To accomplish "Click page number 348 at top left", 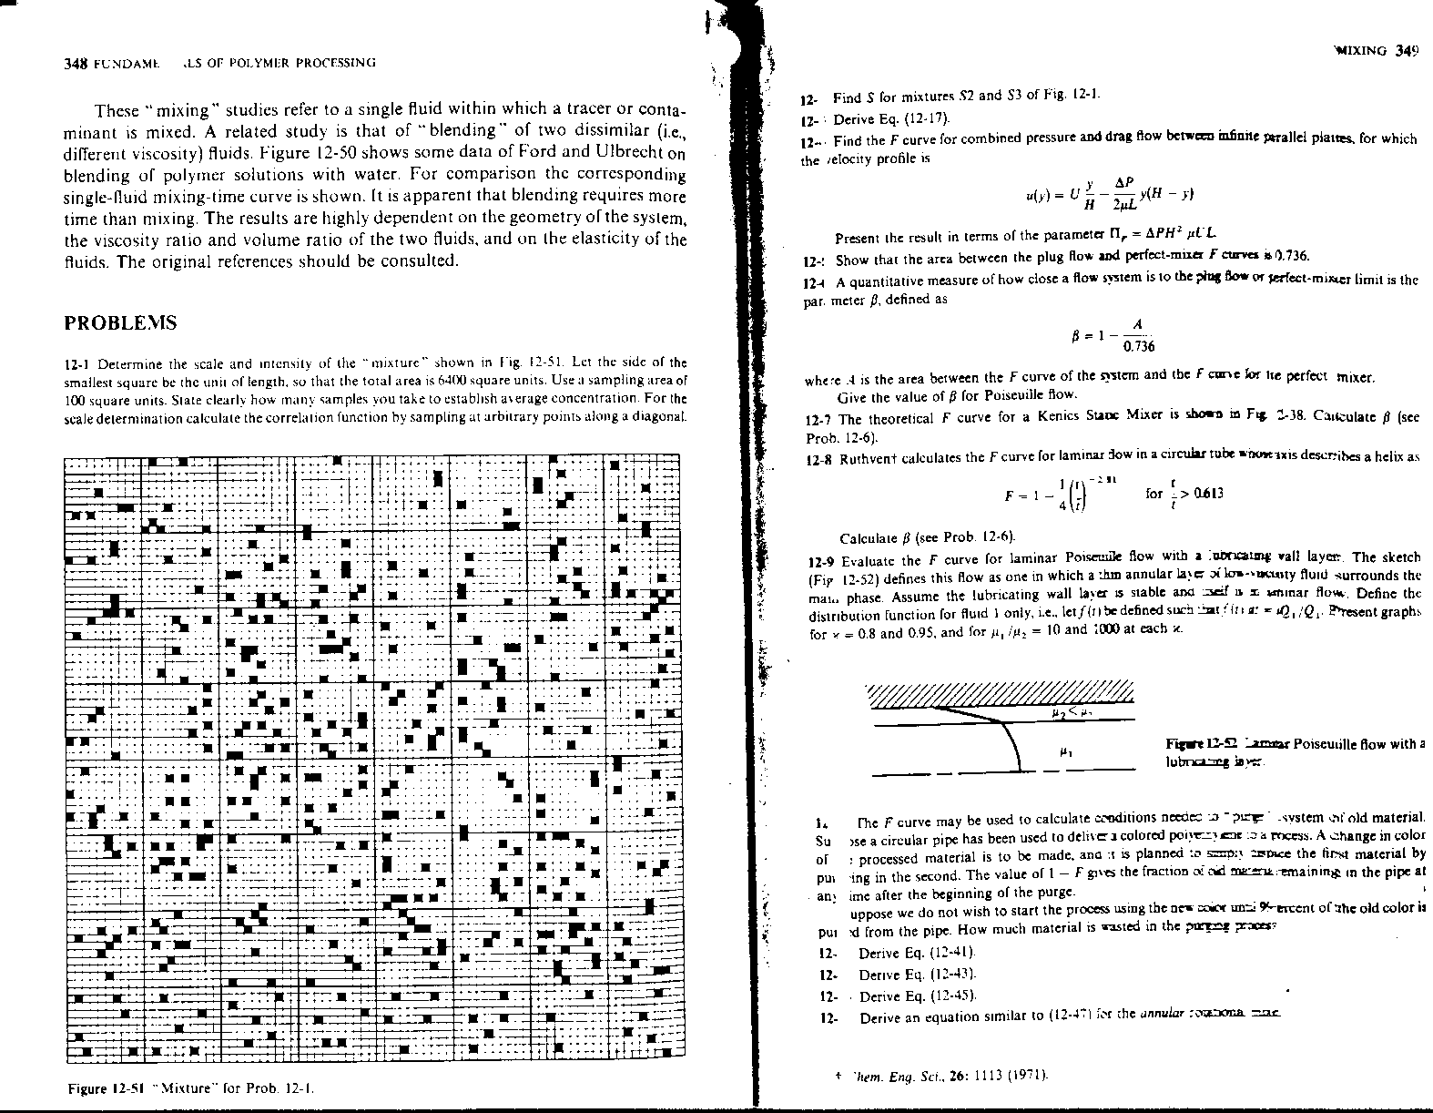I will [75, 63].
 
